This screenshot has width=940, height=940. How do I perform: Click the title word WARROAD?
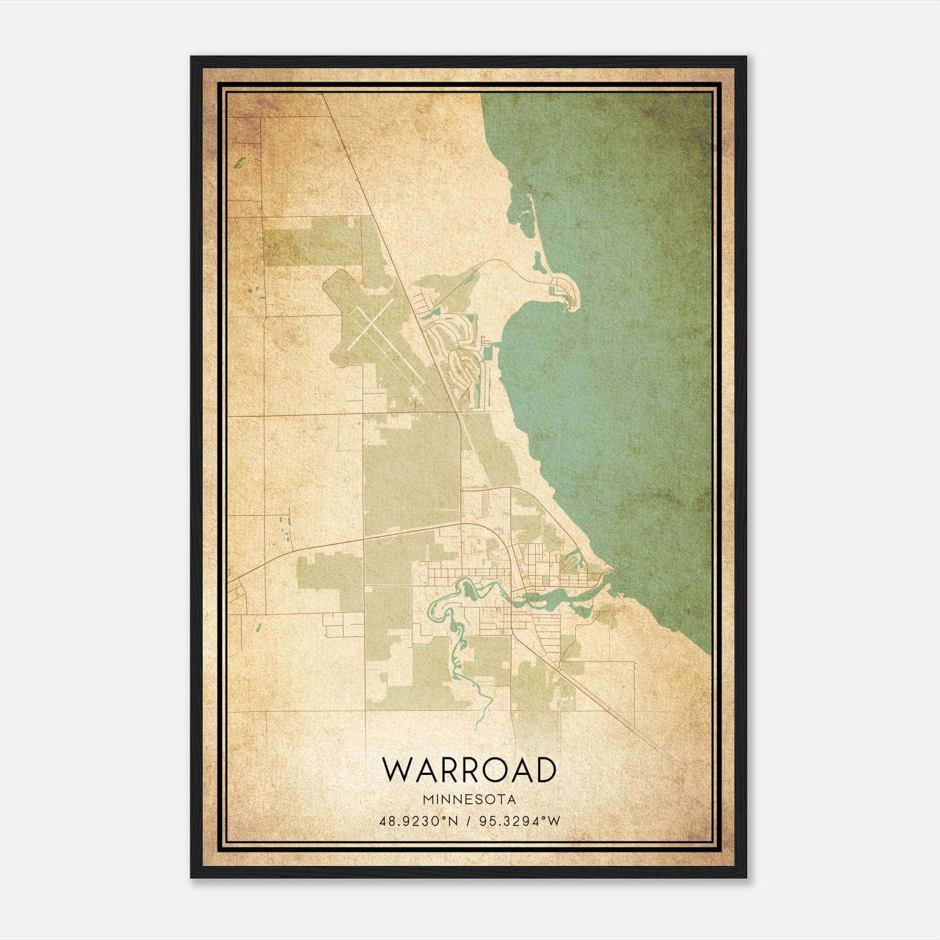(469, 770)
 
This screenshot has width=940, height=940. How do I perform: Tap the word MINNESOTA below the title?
(469, 799)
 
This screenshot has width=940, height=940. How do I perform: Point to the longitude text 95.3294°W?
(521, 821)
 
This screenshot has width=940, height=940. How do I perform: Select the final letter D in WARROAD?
(545, 770)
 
